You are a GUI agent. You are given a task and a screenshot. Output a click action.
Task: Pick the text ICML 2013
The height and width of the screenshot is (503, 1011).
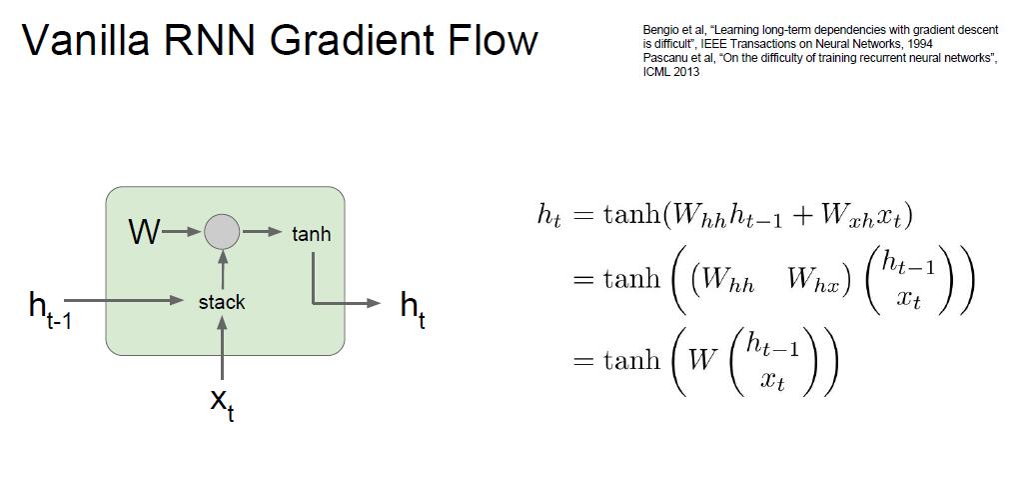[x=671, y=73]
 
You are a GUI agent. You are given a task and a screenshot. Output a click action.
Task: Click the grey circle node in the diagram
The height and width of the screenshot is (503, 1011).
[x=222, y=232]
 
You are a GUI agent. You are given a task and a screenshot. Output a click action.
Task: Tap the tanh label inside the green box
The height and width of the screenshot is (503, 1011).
[x=311, y=234]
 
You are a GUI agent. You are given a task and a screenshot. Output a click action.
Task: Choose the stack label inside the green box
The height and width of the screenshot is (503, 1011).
[x=222, y=302]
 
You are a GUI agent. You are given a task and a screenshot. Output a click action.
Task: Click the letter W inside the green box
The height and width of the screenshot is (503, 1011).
[x=144, y=233]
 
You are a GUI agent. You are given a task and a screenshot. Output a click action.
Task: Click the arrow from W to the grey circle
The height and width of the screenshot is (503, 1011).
[x=182, y=233]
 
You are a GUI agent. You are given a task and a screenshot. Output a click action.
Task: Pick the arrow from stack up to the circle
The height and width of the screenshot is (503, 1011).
[x=222, y=270]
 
